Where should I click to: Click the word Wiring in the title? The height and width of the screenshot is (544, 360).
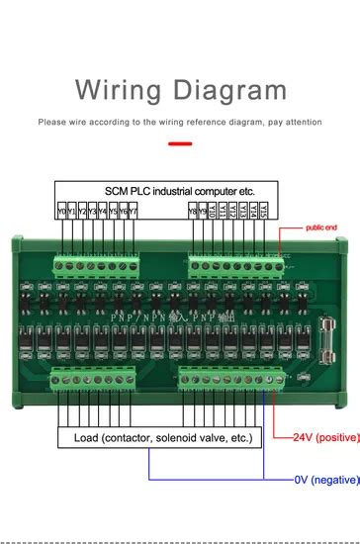(123, 92)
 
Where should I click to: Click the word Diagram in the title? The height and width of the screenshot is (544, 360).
(233, 92)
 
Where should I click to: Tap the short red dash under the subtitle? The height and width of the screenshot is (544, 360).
(180, 143)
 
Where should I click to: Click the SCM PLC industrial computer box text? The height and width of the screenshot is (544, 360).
(180, 191)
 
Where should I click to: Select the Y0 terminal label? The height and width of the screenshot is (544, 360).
(61, 211)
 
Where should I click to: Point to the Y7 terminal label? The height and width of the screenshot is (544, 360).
(135, 211)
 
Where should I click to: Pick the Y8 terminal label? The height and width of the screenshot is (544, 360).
(192, 211)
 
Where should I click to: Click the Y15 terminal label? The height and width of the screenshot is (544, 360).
(264, 211)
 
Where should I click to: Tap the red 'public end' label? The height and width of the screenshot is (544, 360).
(320, 227)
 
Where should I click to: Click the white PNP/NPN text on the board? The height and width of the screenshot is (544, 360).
(180, 313)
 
